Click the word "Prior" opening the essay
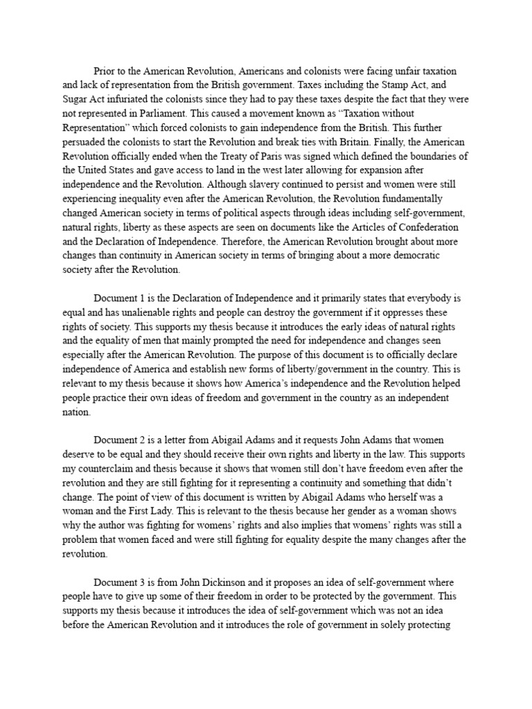pos(105,71)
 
